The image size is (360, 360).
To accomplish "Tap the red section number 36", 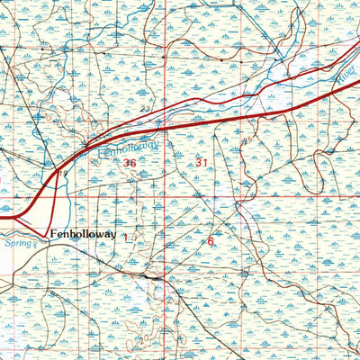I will [x=130, y=163].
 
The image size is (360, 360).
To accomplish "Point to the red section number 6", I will [x=211, y=240].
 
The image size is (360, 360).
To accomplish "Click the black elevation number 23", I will [x=145, y=109].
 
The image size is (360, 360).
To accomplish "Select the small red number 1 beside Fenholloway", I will [x=135, y=237].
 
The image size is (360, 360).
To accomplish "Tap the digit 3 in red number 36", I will [x=126, y=163].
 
